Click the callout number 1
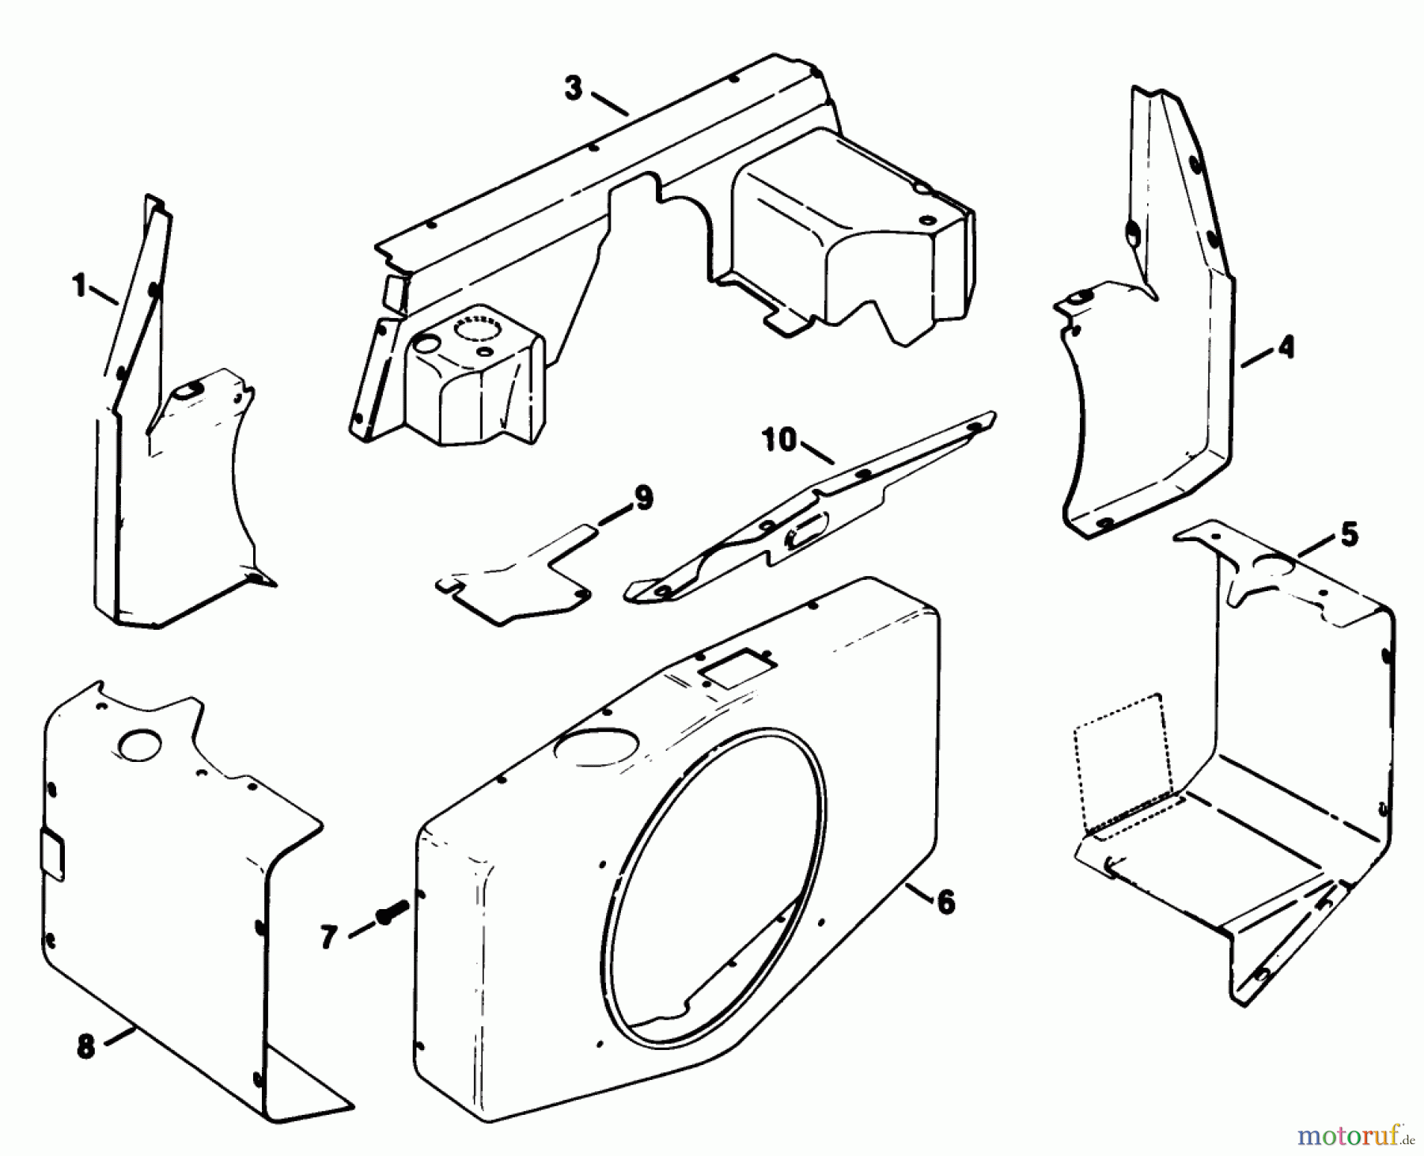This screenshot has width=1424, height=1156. click(79, 286)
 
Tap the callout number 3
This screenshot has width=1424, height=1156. click(573, 88)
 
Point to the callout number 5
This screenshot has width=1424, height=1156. click(1348, 534)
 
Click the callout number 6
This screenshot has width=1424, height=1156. click(945, 902)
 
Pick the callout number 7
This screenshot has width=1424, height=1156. click(329, 937)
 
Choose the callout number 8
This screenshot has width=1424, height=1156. click(85, 1046)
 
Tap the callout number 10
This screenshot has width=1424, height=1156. click(779, 439)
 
